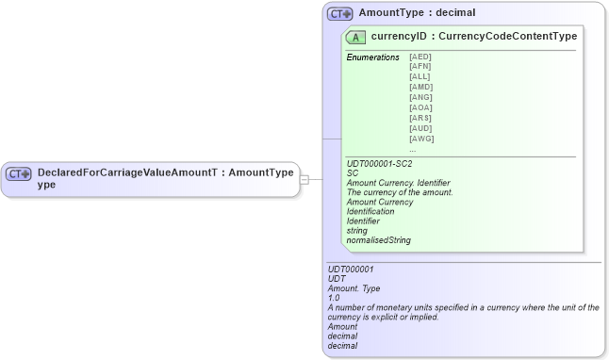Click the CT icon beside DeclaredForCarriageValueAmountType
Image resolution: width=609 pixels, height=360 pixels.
click(19, 174)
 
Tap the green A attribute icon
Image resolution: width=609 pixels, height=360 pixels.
click(356, 38)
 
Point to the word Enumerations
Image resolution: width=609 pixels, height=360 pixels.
click(373, 57)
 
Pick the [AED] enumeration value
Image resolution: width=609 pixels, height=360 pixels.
click(420, 57)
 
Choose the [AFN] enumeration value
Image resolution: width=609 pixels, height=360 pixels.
click(420, 68)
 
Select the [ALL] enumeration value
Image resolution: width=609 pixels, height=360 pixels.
click(420, 77)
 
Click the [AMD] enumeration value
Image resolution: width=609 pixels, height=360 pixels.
click(420, 88)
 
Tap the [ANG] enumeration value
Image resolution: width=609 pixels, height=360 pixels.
click(420, 98)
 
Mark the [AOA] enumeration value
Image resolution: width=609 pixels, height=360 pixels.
click(420, 108)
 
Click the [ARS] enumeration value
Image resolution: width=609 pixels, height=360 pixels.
click(420, 119)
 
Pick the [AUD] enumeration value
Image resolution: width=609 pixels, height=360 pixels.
click(420, 128)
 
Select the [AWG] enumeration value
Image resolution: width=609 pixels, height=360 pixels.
click(420, 139)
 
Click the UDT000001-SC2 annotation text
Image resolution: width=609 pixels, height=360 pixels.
click(380, 164)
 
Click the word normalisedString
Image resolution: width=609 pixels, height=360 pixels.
click(379, 240)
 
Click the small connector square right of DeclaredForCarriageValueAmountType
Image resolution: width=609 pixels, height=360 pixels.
click(304, 179)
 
